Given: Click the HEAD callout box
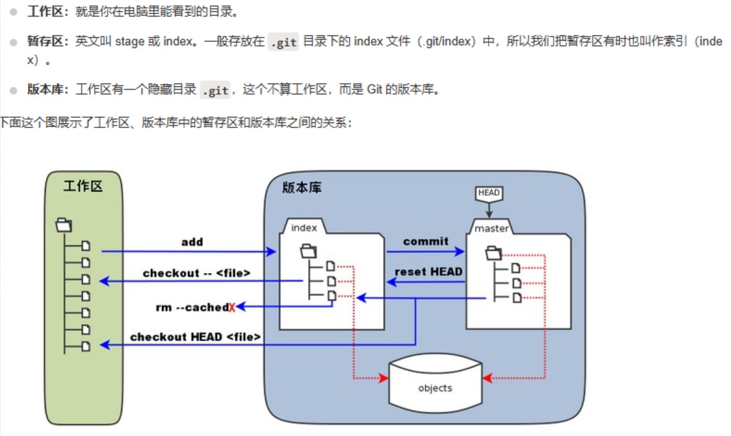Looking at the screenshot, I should [489, 193].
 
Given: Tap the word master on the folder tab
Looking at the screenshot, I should [492, 228].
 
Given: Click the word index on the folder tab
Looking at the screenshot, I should [304, 228].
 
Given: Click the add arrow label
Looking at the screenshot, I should [192, 242].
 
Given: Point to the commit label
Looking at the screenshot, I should [425, 241].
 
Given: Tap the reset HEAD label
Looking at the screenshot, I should [428, 272].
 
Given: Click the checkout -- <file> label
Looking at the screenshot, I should [196, 273].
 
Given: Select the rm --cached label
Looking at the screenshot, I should [192, 307].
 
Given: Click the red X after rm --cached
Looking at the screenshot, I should [232, 307].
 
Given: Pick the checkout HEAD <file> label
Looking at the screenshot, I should [195, 337].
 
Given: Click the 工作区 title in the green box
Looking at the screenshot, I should [83, 187].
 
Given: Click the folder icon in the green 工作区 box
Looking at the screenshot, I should [64, 224].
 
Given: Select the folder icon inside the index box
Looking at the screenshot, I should [308, 251].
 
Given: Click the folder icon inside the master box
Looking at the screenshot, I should [494, 253].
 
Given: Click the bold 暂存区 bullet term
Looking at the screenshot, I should [47, 41].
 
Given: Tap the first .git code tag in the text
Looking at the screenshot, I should [283, 43].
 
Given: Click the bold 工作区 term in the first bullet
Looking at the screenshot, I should [47, 12].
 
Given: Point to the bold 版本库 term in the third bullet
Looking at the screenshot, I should [47, 90].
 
